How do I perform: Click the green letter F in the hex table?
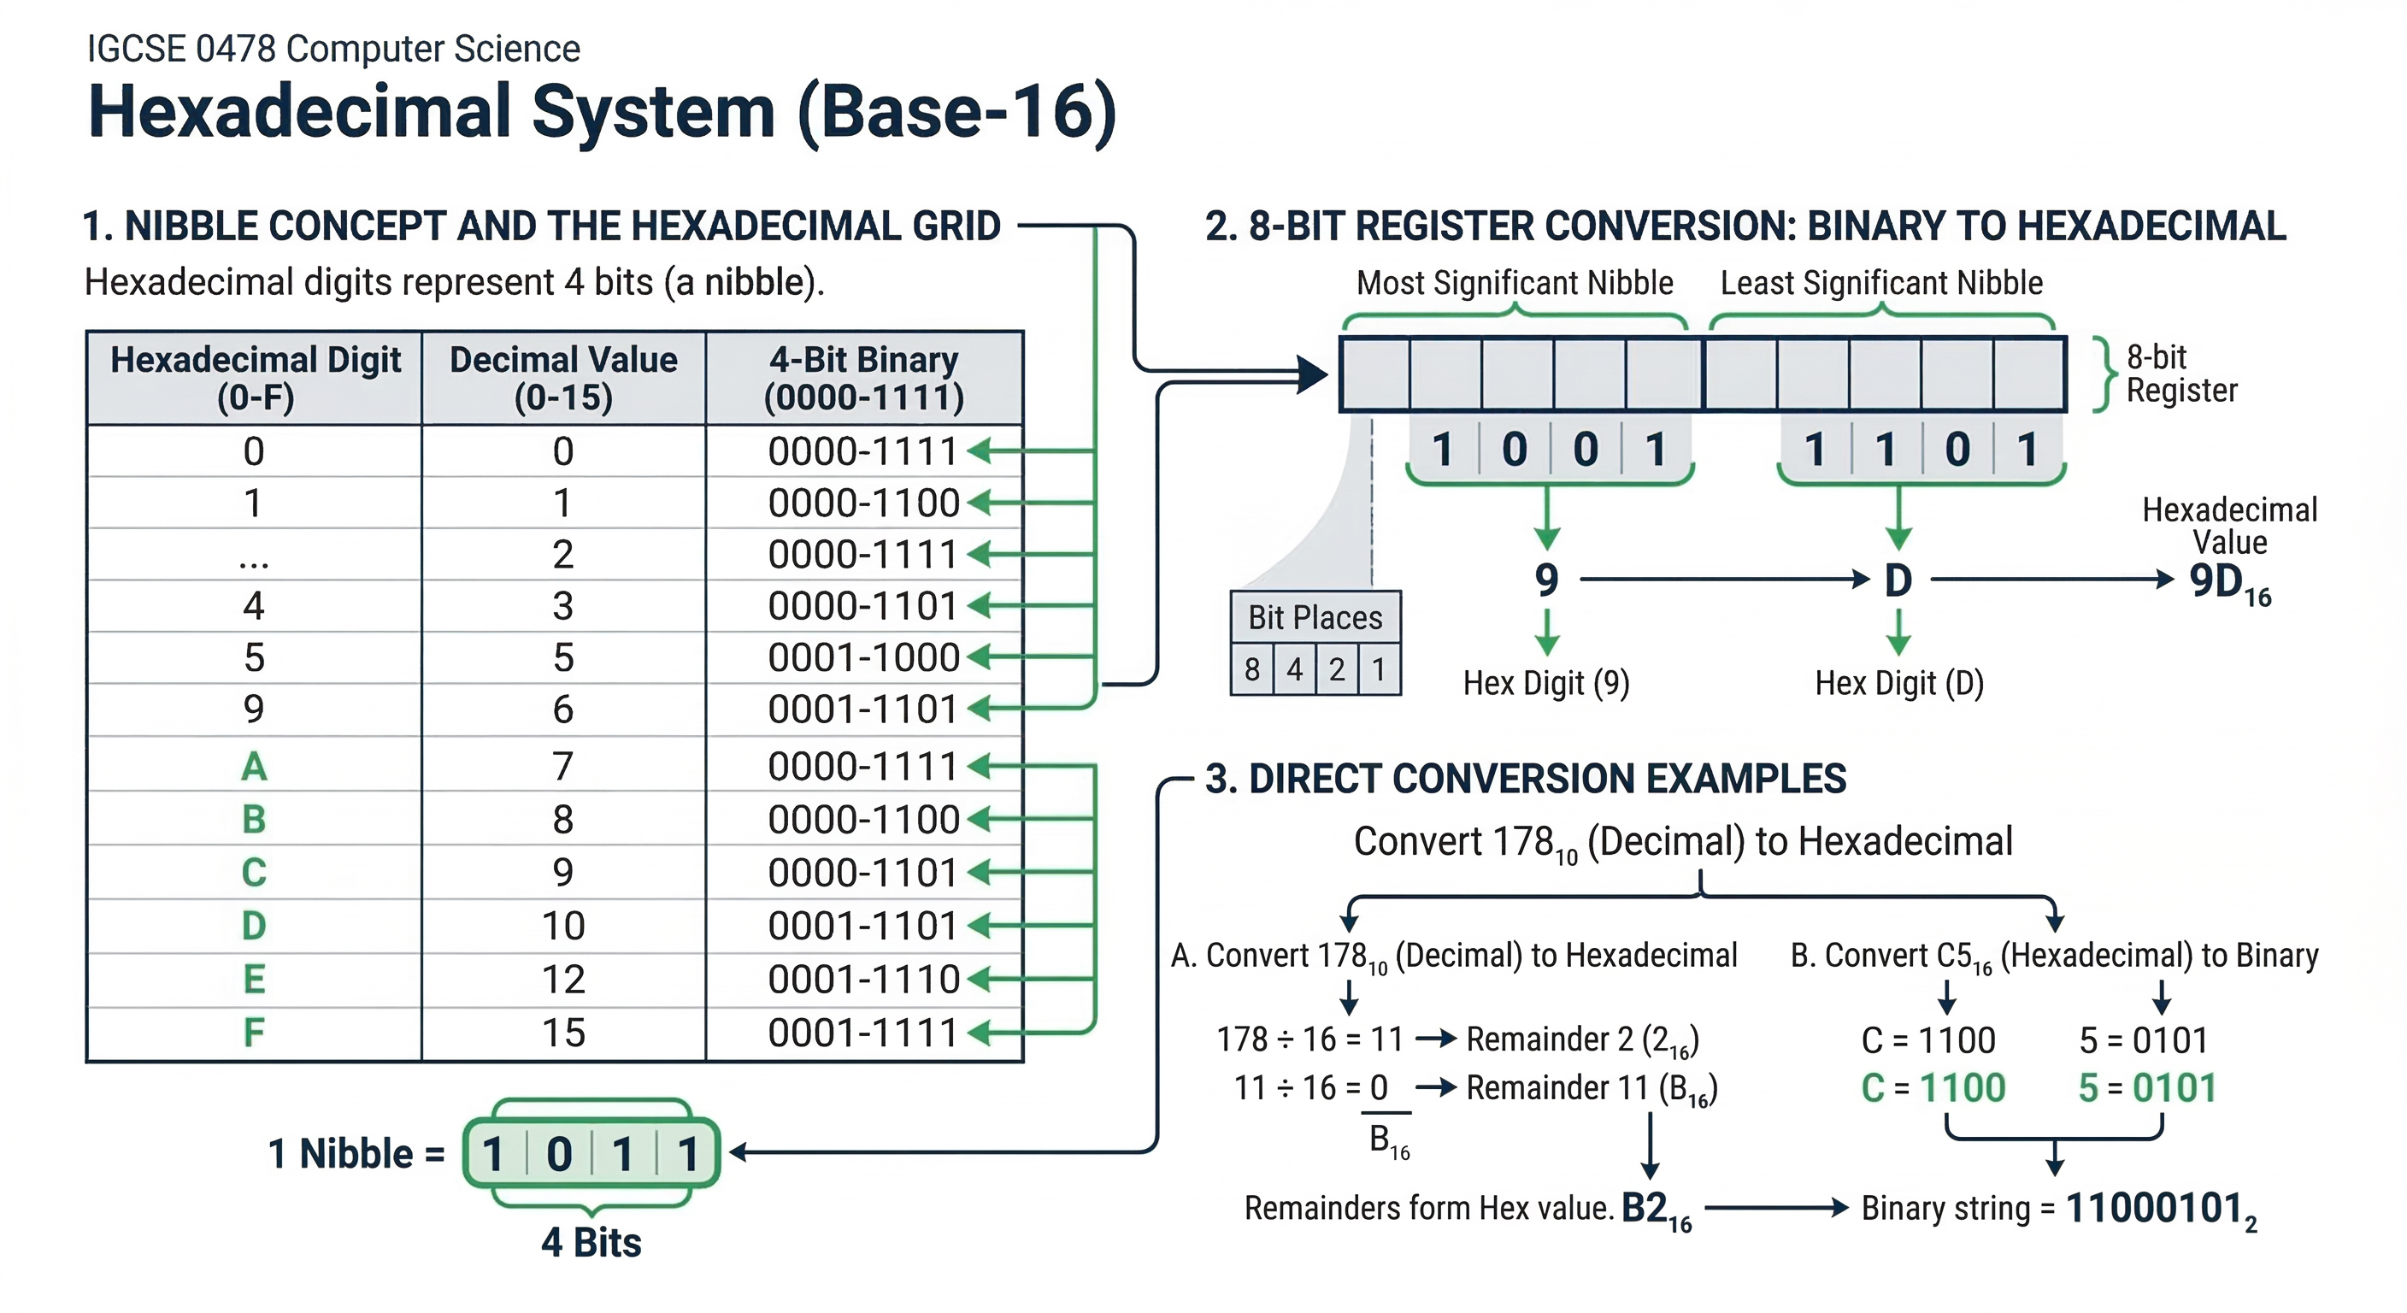coord(253,1033)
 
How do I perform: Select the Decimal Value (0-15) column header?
coord(563,378)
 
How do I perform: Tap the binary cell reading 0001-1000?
coord(863,657)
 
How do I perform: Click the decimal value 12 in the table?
coord(563,980)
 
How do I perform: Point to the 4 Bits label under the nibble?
coord(591,1242)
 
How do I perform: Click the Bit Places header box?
coord(1315,618)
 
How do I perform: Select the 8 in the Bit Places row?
coord(1252,669)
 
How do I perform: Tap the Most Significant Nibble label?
coord(1514,282)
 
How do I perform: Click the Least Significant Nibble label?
coord(1881,282)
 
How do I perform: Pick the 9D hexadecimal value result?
coord(2228,582)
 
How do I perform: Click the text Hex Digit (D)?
coord(1898,683)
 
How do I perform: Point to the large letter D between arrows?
coord(1898,580)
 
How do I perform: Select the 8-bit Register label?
coord(2180,373)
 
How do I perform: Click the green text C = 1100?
coord(1933,1088)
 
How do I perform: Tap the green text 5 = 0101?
coord(2146,1088)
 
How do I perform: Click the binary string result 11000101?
coord(2158,1209)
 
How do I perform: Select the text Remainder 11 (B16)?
coord(1592,1088)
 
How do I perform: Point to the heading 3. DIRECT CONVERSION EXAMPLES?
coord(1525,779)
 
